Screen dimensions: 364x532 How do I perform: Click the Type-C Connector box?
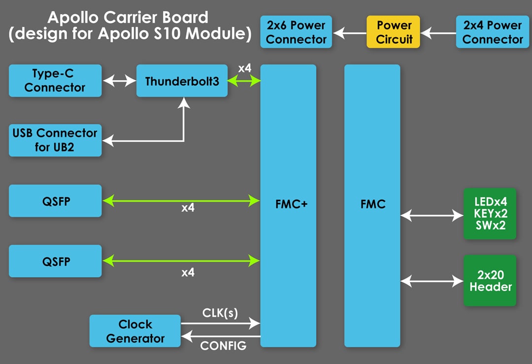(55, 81)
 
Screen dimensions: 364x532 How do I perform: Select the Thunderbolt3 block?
(182, 81)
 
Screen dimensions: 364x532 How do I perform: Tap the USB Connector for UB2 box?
(55, 140)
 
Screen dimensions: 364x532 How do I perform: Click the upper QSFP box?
(55, 201)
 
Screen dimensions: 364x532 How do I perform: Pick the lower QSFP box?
(55, 261)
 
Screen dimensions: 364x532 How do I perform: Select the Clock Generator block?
(135, 331)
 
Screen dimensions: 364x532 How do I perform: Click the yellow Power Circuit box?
(393, 32)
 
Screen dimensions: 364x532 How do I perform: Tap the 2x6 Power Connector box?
(296, 32)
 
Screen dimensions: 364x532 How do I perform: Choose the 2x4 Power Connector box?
(492, 32)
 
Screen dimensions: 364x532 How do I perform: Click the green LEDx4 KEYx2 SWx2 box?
(490, 214)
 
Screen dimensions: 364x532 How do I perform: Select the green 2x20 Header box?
(490, 280)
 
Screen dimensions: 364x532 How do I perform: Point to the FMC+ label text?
(291, 204)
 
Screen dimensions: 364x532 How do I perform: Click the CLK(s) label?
(220, 313)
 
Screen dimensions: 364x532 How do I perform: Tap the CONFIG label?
(223, 346)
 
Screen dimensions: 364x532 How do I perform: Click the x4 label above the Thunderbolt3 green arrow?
(245, 68)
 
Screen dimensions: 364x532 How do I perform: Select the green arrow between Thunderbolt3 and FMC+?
(244, 81)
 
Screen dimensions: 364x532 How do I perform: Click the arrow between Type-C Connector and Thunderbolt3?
(119, 81)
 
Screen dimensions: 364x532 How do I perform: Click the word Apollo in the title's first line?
(72, 18)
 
